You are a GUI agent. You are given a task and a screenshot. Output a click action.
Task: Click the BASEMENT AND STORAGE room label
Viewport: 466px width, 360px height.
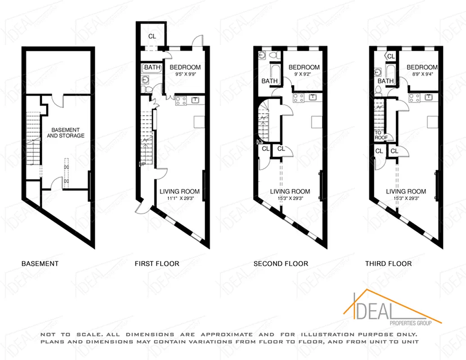pyautogui.click(x=65, y=132)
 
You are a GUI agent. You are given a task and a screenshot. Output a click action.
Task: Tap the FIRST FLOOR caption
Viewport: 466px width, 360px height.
pyautogui.click(x=157, y=263)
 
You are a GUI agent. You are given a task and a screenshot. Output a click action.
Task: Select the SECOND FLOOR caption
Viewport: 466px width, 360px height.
pyautogui.click(x=281, y=263)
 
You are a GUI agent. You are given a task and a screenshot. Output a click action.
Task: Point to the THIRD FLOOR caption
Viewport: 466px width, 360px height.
pyautogui.click(x=388, y=263)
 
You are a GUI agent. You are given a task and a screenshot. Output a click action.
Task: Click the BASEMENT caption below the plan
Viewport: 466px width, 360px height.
pyautogui.click(x=40, y=263)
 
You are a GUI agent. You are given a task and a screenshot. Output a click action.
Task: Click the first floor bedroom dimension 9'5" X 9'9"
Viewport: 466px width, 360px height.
pyautogui.click(x=185, y=74)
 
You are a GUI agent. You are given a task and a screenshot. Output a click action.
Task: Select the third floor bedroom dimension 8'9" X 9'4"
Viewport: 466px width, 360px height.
pyautogui.click(x=421, y=74)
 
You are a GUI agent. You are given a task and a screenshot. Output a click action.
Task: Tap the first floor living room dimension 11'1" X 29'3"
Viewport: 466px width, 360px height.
pyautogui.click(x=180, y=198)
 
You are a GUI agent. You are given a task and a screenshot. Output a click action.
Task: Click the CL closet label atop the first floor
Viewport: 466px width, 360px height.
pyautogui.click(x=152, y=36)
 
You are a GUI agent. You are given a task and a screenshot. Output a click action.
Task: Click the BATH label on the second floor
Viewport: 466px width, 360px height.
pyautogui.click(x=270, y=81)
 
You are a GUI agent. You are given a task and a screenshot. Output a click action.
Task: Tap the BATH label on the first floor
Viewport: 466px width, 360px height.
pyautogui.click(x=152, y=67)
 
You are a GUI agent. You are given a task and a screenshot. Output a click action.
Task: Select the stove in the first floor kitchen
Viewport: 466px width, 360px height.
pyautogui.click(x=181, y=101)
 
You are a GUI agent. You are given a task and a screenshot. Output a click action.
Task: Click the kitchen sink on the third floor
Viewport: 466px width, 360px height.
pyautogui.click(x=428, y=97)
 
